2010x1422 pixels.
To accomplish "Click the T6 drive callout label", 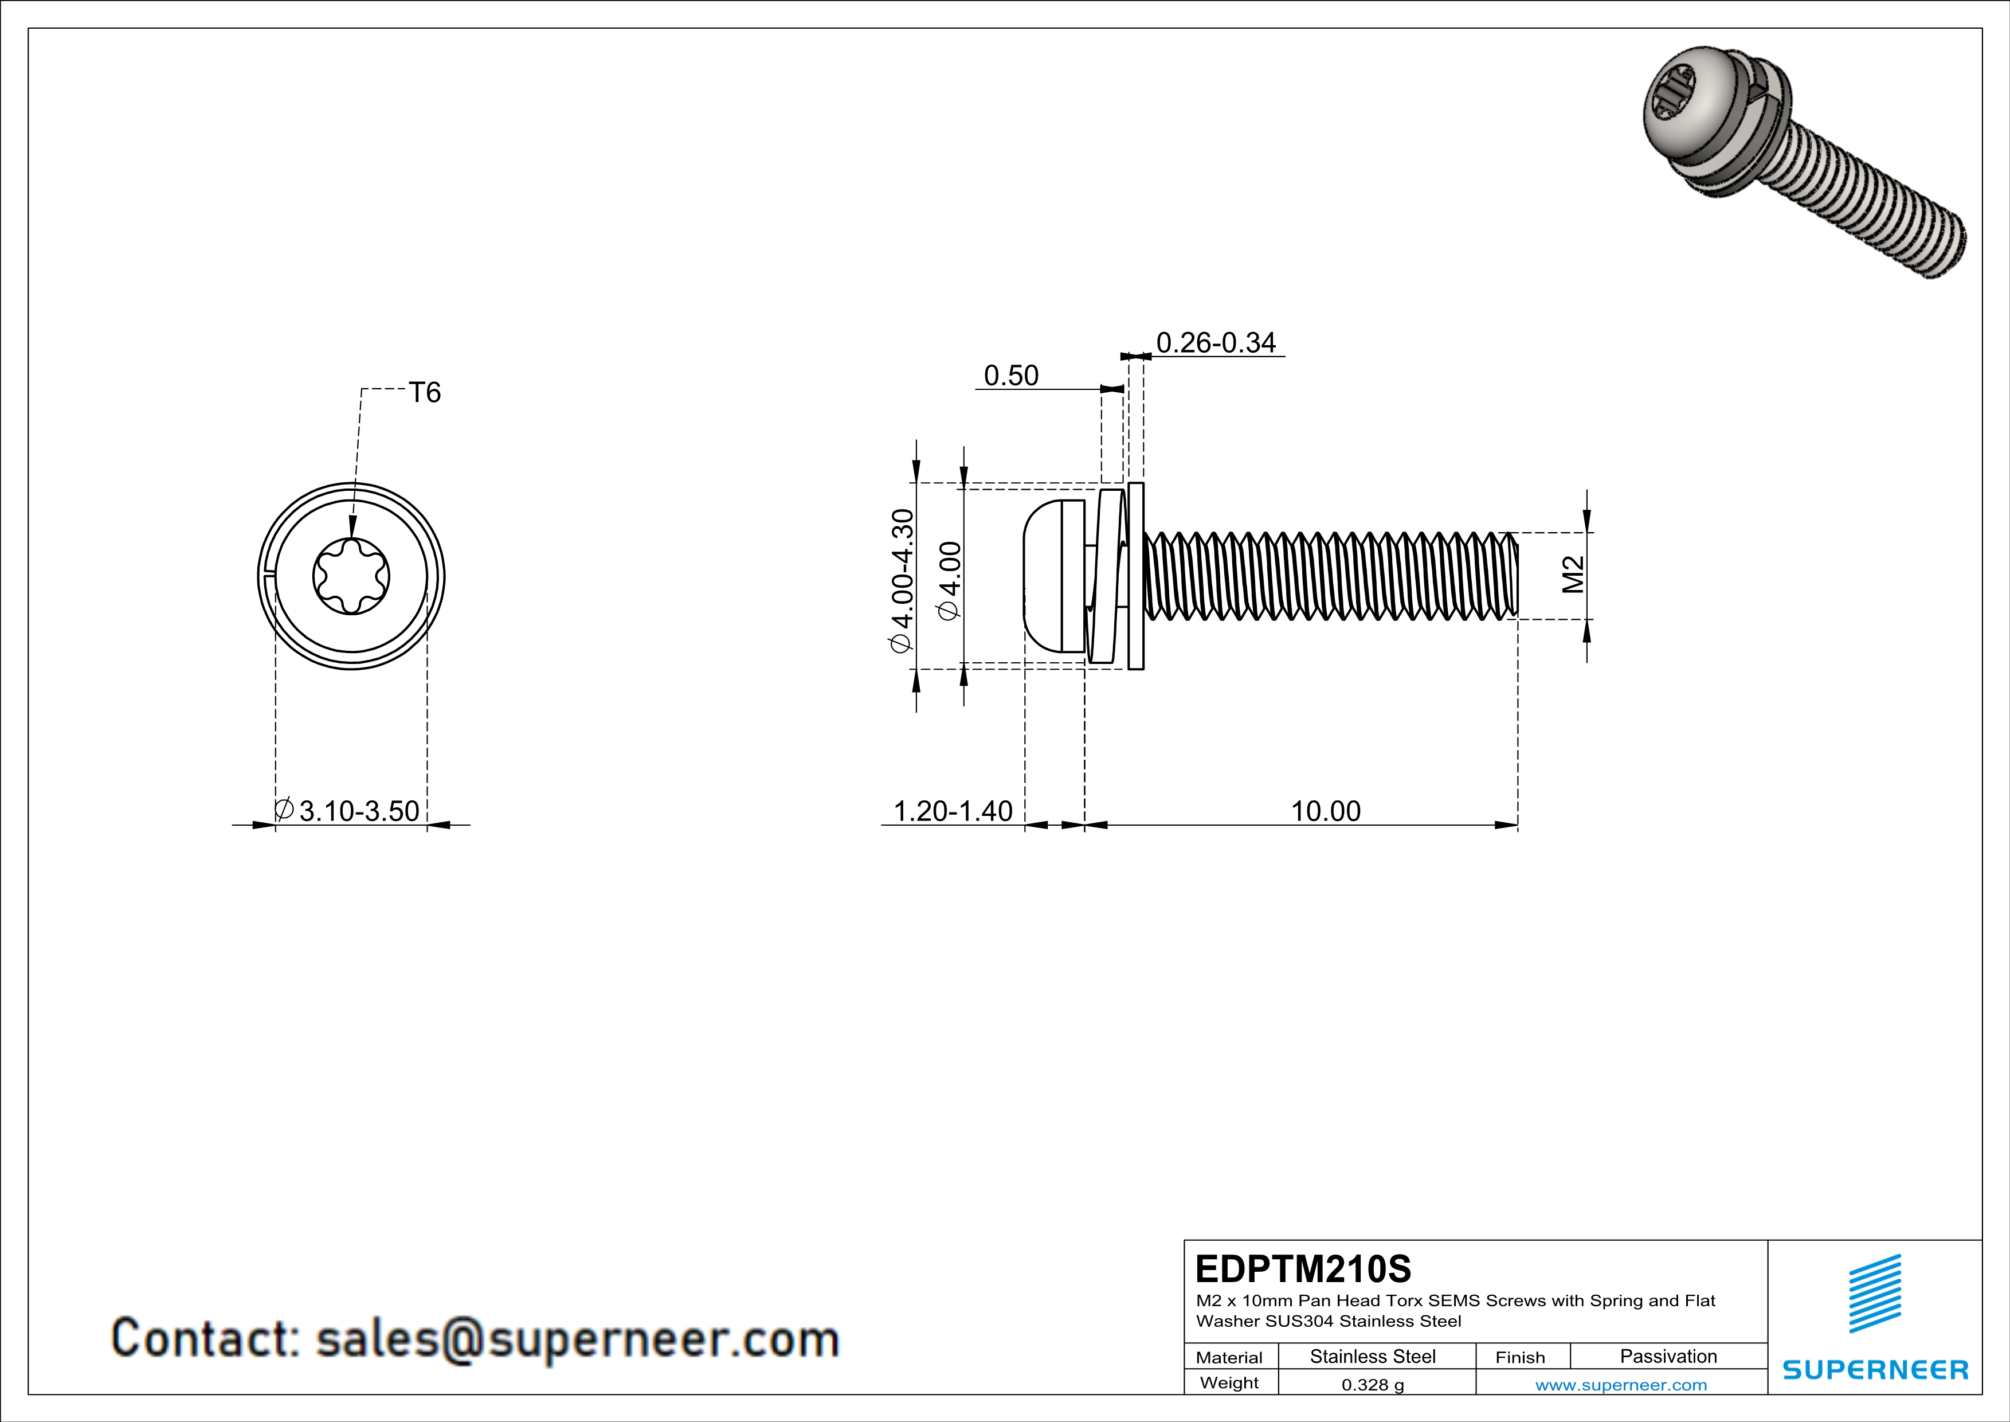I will point(425,392).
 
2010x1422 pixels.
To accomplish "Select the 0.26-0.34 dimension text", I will point(1216,342).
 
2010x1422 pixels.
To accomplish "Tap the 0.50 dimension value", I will point(1011,375).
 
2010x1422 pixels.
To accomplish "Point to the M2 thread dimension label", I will point(1573,575).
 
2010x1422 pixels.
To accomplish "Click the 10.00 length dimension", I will point(1326,811).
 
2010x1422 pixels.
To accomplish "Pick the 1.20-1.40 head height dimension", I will point(953,811).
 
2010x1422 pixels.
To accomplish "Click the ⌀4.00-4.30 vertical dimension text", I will point(902,580).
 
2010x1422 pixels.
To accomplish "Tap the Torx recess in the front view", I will point(351,576).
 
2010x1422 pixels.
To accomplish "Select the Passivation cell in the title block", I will point(1668,1356).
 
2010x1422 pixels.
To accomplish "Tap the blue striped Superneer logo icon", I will point(1874,1294).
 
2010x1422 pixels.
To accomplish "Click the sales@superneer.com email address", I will point(577,1339).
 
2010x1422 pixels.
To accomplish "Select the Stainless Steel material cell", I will point(1372,1356).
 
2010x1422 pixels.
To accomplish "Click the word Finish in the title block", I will point(1520,1357).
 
